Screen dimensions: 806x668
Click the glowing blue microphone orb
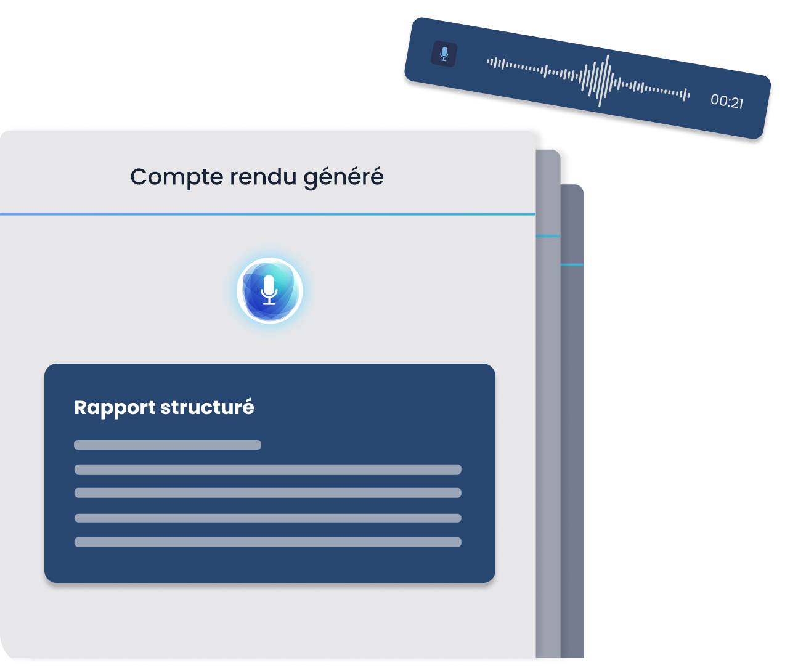click(x=269, y=290)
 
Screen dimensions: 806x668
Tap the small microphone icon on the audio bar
click(x=444, y=54)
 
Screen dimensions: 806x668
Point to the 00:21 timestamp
click(x=727, y=101)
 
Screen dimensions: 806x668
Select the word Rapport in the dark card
click(x=115, y=408)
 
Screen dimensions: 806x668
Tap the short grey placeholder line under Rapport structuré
click(x=168, y=445)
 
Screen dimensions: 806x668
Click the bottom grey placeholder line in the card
click(x=267, y=542)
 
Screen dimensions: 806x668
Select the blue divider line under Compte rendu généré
click(x=267, y=214)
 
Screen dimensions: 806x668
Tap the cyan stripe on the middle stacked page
click(x=548, y=236)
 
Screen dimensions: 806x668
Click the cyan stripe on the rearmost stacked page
click(x=572, y=265)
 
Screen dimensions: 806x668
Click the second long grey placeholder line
click(x=267, y=493)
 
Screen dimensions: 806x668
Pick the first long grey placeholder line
click(x=267, y=470)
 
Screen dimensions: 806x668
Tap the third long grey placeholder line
click(x=267, y=518)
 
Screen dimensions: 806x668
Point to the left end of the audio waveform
click(x=489, y=61)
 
